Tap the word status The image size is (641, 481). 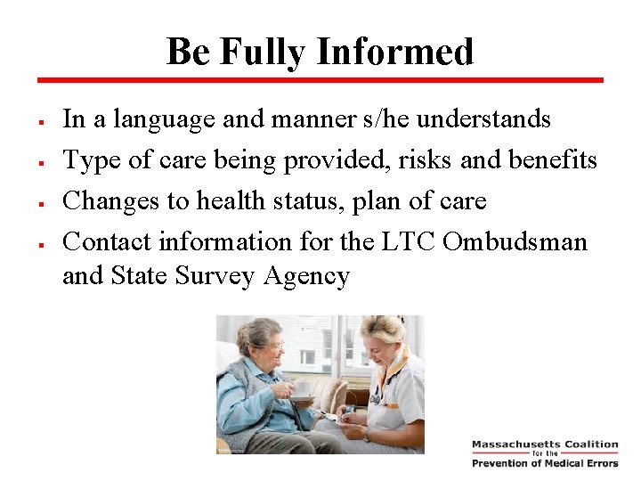(x=311, y=200)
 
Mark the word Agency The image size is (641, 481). (x=306, y=277)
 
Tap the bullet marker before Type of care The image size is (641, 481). (x=43, y=161)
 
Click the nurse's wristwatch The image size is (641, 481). (x=365, y=435)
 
